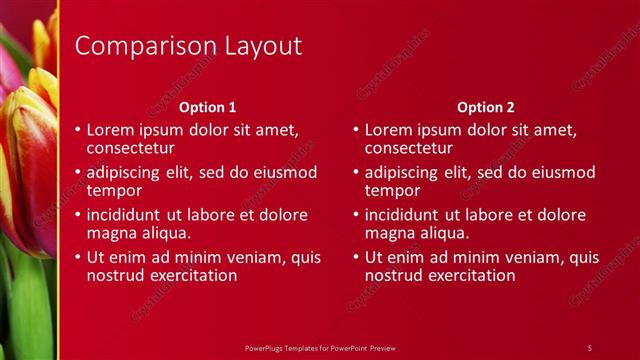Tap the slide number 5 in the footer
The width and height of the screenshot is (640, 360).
click(590, 347)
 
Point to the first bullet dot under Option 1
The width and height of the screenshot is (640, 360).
click(79, 130)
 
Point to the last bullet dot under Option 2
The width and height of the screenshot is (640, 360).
click(357, 257)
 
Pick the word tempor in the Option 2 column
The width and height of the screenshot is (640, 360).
click(393, 190)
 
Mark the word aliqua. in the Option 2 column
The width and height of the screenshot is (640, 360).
click(444, 233)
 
